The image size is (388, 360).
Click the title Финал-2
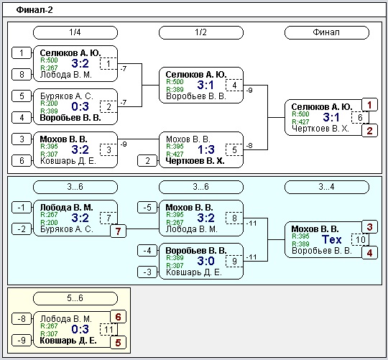pyautogui.click(x=34, y=10)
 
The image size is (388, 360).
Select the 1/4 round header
pyautogui.click(x=75, y=32)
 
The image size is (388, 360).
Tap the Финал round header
pyautogui.click(x=327, y=32)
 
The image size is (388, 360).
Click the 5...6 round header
pyautogui.click(x=75, y=298)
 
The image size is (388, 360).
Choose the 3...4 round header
pyautogui.click(x=327, y=187)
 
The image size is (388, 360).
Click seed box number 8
pyautogui.click(x=22, y=75)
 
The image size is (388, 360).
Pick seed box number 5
pyautogui.click(x=22, y=96)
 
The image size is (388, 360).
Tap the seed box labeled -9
pyautogui.click(x=22, y=340)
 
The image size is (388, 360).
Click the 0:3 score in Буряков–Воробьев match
pyautogui.click(x=80, y=106)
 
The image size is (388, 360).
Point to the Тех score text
pyautogui.click(x=331, y=239)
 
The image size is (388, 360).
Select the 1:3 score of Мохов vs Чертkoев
pyautogui.click(x=206, y=149)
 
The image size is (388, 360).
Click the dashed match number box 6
pyautogui.click(x=360, y=117)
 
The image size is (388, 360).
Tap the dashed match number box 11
pyautogui.click(x=108, y=329)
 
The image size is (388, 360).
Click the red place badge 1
pyautogui.click(x=370, y=105)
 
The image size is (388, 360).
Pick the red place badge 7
pyautogui.click(x=118, y=231)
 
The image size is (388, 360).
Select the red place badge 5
pyautogui.click(x=118, y=343)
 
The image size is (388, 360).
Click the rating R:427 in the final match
pyautogui.click(x=300, y=121)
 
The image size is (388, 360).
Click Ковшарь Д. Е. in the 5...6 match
pyautogui.click(x=68, y=341)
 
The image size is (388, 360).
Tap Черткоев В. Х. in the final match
pyautogui.click(x=320, y=129)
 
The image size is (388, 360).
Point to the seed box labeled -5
pyautogui.click(x=147, y=208)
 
